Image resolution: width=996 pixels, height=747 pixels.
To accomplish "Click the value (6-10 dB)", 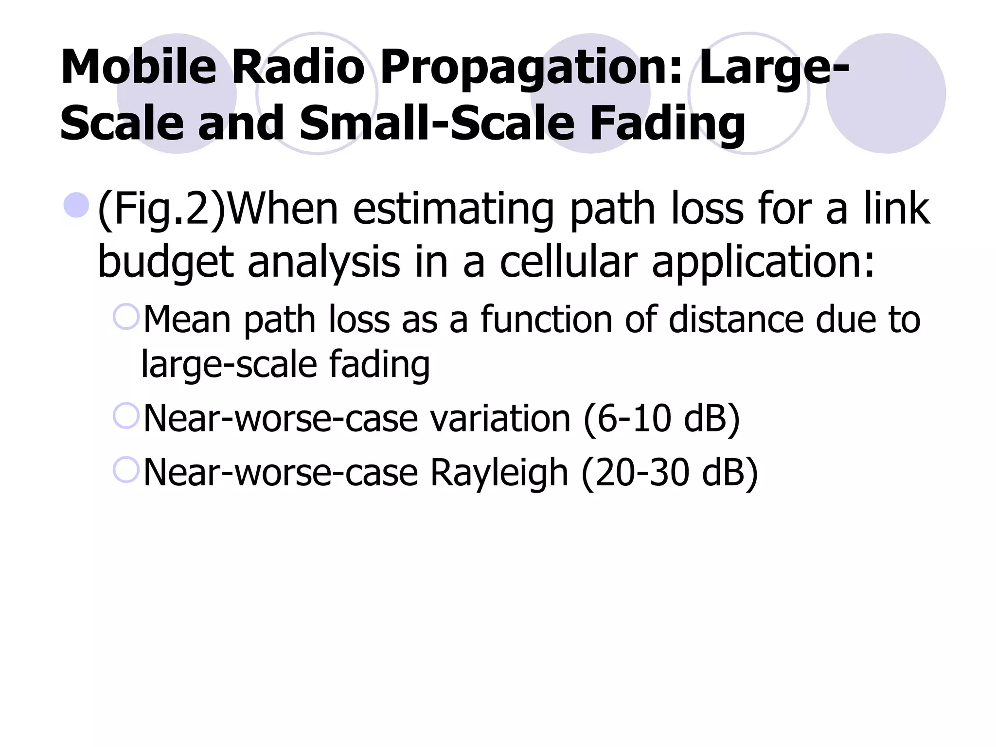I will (661, 419).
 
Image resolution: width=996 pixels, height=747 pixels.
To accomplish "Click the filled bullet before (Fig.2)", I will (76, 205).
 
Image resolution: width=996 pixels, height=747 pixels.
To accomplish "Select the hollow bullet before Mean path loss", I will (126, 317).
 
